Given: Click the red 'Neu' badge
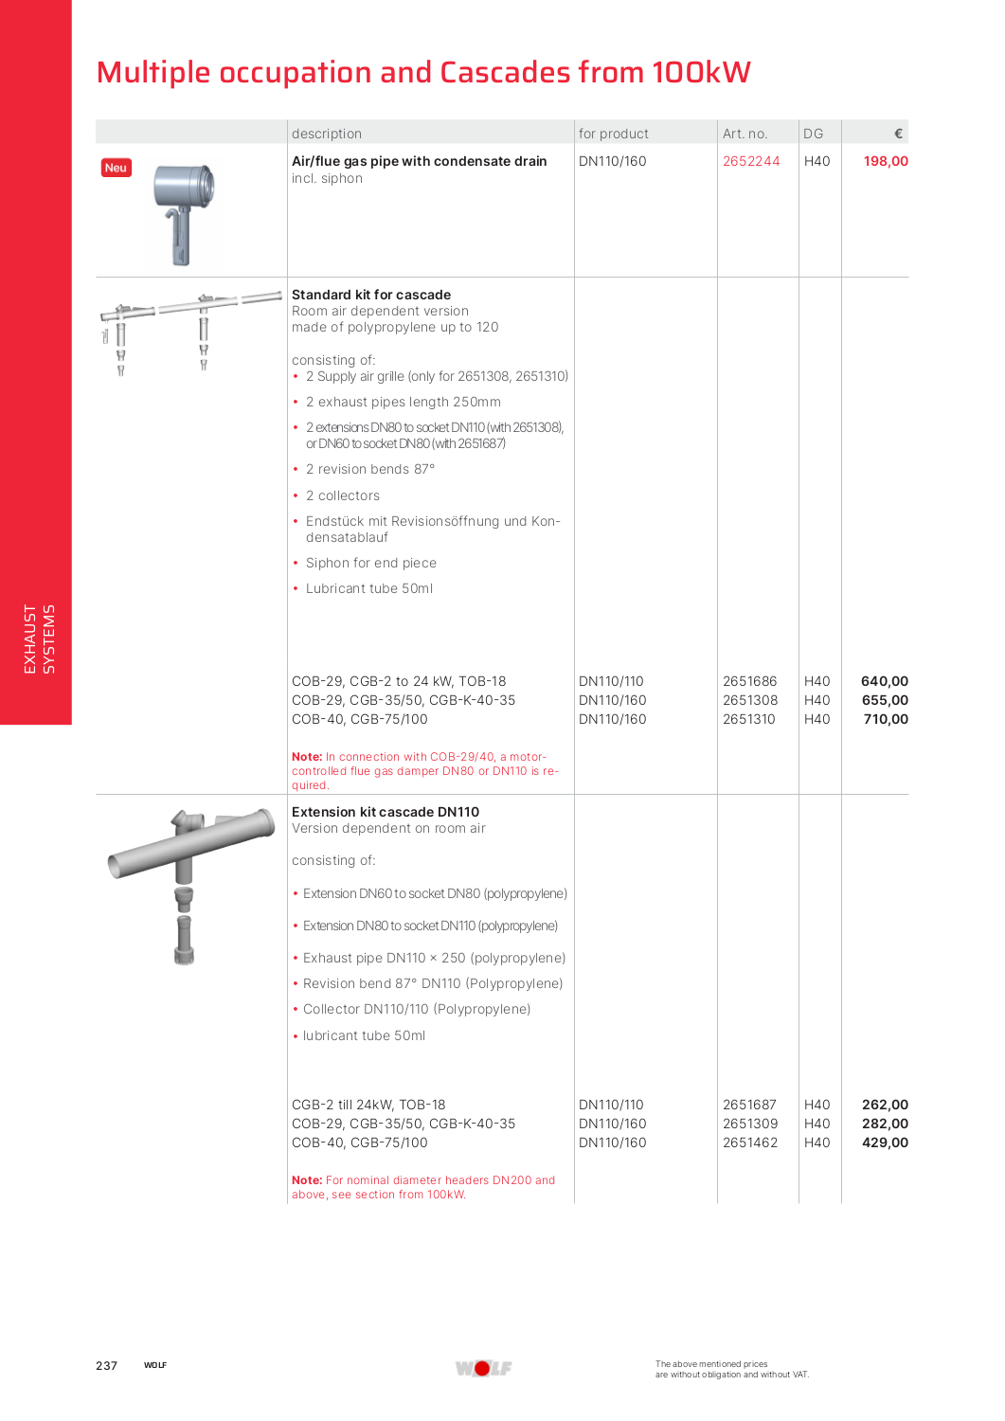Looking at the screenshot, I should pyautogui.click(x=116, y=168).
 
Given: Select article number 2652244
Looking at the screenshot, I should pyautogui.click(x=751, y=161).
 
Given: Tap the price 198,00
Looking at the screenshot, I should pyautogui.click(x=885, y=161).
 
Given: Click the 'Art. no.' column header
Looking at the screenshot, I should pyautogui.click(x=745, y=134).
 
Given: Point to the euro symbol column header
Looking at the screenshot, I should pyautogui.click(x=898, y=134).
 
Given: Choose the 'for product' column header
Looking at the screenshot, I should pyautogui.click(x=613, y=134).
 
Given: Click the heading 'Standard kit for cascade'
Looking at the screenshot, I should pyautogui.click(x=371, y=295).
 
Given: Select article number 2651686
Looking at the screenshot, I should pyautogui.click(x=749, y=681).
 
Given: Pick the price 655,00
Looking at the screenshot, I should pyautogui.click(x=885, y=700).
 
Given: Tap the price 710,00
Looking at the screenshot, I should pyautogui.click(x=885, y=719).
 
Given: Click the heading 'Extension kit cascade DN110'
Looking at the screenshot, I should pyautogui.click(x=386, y=812).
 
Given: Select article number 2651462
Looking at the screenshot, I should pyautogui.click(x=749, y=1142).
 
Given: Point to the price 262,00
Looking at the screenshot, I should pyautogui.click(x=885, y=1105).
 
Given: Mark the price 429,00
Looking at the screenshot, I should pyautogui.click(x=885, y=1142).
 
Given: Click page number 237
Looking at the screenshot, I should pyautogui.click(x=106, y=1365).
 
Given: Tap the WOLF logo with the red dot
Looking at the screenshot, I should pyautogui.click(x=483, y=1368).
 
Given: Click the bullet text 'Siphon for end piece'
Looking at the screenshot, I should pyautogui.click(x=370, y=563).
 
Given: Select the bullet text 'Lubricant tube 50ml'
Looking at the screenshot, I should pyautogui.click(x=368, y=588).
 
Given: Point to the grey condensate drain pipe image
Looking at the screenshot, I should pyautogui.click(x=185, y=212).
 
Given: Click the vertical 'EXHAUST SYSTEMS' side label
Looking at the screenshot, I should pyautogui.click(x=39, y=639).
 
